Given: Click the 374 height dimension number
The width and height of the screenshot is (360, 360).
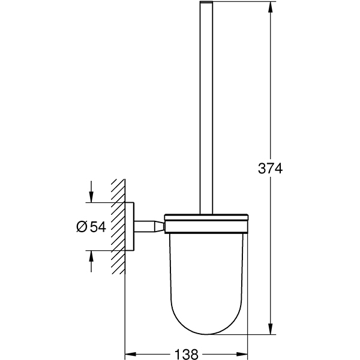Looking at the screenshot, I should pyautogui.click(x=269, y=169).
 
